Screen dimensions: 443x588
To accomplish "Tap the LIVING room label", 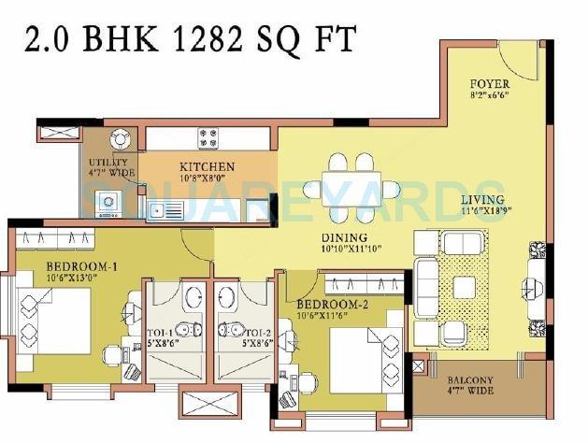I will click(482, 200).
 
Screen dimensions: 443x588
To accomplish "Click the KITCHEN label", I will click(208, 167).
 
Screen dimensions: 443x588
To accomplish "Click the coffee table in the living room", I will click(463, 286).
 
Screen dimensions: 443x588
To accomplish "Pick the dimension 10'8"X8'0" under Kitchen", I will click(208, 179).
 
